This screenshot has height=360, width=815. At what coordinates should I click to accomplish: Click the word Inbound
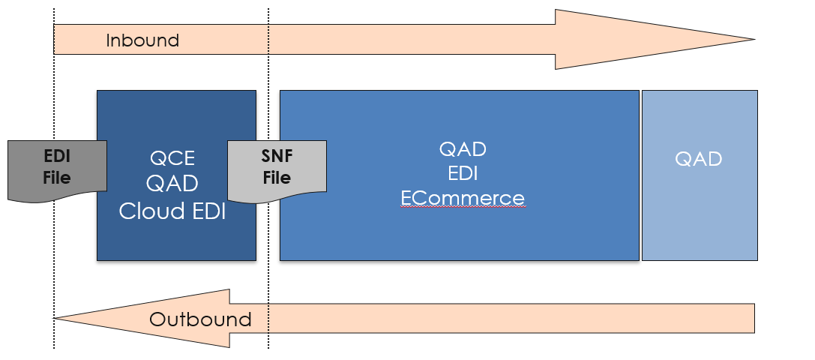[x=142, y=40]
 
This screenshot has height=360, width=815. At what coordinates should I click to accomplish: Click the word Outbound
[x=200, y=319]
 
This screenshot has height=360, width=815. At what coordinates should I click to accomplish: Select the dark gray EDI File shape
[x=56, y=170]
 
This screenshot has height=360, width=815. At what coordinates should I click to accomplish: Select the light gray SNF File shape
[x=277, y=170]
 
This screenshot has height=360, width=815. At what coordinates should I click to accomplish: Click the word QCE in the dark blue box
[x=172, y=158]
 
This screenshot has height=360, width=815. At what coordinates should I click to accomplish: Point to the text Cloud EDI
[x=172, y=211]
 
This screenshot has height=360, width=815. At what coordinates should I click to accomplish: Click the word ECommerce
[x=463, y=198]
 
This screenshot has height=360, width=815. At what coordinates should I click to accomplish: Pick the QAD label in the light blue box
[x=699, y=159]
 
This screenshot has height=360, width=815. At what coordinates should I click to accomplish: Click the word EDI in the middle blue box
[x=463, y=173]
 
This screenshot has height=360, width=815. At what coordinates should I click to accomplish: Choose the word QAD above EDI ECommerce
[x=463, y=148]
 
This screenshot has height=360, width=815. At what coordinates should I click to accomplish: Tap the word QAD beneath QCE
[x=172, y=184]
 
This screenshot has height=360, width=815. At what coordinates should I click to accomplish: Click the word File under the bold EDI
[x=56, y=178]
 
